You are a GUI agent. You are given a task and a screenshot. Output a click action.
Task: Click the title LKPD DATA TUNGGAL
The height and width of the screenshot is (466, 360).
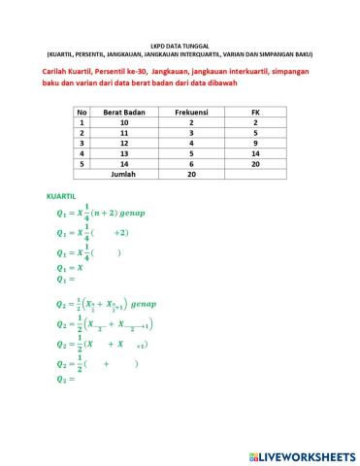click(x=180, y=45)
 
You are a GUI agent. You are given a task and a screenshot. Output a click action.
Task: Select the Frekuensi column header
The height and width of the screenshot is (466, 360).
click(x=191, y=114)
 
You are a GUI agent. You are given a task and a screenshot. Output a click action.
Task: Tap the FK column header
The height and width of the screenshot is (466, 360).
click(x=254, y=114)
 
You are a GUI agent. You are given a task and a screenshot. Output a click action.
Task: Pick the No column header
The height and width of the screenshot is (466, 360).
click(x=82, y=114)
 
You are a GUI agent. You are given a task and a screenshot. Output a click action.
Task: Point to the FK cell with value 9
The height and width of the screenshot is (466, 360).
click(x=254, y=143)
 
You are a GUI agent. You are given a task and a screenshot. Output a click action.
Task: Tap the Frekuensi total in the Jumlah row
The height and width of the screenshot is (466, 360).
click(x=191, y=175)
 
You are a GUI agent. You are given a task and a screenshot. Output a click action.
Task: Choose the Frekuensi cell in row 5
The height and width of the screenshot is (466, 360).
click(x=191, y=164)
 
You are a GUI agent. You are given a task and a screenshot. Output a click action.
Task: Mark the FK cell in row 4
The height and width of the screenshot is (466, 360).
click(x=254, y=153)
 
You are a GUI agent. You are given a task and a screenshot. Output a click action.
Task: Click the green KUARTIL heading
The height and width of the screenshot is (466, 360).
click(x=61, y=196)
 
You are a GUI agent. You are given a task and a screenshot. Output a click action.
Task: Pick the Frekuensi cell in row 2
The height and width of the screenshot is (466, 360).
click(x=191, y=133)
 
